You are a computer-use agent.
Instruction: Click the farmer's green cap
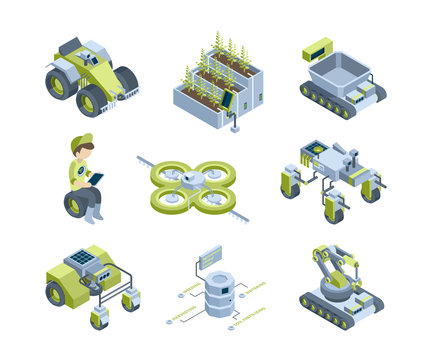click(81, 141)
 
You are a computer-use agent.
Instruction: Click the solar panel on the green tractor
click(79, 257)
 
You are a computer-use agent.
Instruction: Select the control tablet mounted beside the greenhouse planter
click(227, 101)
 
